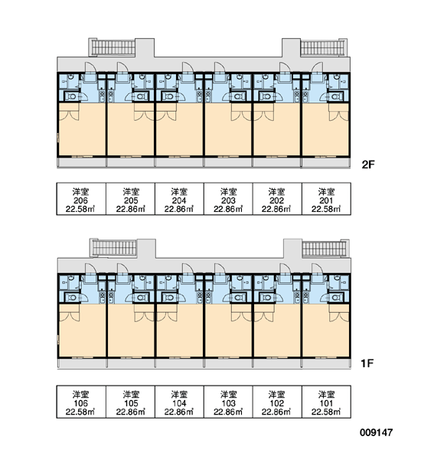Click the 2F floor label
[368, 164]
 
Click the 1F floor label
[367, 363]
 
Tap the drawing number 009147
[376, 432]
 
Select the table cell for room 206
[81, 199]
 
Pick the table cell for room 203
[228, 199]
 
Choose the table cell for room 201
[326, 199]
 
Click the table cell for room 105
[130, 402]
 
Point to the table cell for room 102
[277, 402]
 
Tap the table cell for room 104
[179, 402]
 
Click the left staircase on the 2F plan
[113, 47]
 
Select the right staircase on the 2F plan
[324, 47]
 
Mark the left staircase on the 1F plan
[114, 248]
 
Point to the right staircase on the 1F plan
[325, 248]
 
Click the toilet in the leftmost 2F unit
[70, 96]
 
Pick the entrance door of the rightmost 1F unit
[317, 271]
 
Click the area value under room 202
[276, 209]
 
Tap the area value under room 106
[80, 412]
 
